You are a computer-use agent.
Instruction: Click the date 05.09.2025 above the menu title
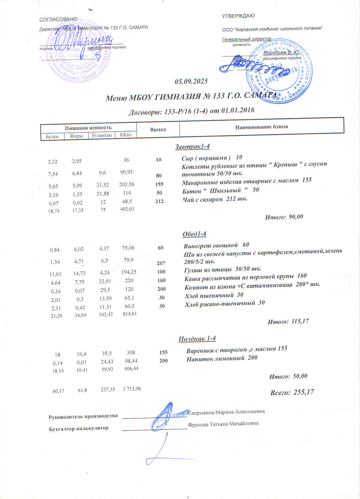tap(191, 81)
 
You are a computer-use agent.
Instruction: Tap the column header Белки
tap(52, 136)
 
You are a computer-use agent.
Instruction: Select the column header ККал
tap(126, 134)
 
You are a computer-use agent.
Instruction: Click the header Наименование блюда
tap(261, 127)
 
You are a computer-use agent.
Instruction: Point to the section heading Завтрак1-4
tap(192, 147)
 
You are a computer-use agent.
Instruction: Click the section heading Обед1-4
tap(194, 234)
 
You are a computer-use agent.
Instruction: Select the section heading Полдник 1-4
tap(197, 339)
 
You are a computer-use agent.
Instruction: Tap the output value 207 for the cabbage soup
tap(161, 263)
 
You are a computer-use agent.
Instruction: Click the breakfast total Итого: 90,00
tap(284, 217)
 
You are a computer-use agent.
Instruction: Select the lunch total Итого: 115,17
tap(288, 322)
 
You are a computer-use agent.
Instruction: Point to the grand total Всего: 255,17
tap(292, 392)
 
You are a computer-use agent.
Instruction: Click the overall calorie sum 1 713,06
tap(132, 389)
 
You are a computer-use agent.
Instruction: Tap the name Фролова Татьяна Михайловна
tap(223, 424)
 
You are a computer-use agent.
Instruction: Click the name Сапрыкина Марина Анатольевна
tap(226, 412)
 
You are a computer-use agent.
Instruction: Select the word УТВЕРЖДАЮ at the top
tap(238, 16)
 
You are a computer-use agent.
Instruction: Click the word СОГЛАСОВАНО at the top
tap(58, 19)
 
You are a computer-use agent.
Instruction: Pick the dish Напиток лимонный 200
tap(222, 358)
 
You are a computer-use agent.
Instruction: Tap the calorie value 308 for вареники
tap(131, 353)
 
